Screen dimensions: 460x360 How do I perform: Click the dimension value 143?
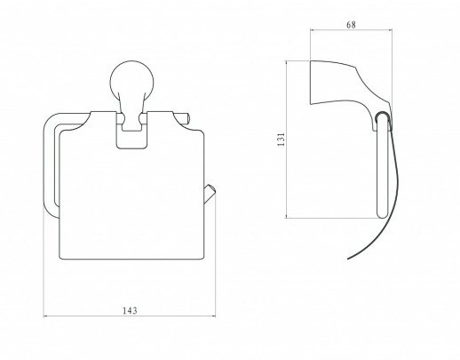click(x=130, y=310)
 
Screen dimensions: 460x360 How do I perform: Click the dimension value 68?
click(x=351, y=25)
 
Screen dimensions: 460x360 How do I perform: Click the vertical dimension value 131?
click(x=281, y=140)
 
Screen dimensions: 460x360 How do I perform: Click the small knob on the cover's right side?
click(x=210, y=194)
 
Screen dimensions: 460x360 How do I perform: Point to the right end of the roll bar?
click(x=187, y=117)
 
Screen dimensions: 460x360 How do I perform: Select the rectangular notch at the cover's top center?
click(x=131, y=135)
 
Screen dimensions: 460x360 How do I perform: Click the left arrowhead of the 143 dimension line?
click(x=45, y=316)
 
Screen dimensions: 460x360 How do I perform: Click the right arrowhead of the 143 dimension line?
click(x=213, y=316)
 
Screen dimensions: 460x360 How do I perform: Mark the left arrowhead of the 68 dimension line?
click(x=313, y=29)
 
